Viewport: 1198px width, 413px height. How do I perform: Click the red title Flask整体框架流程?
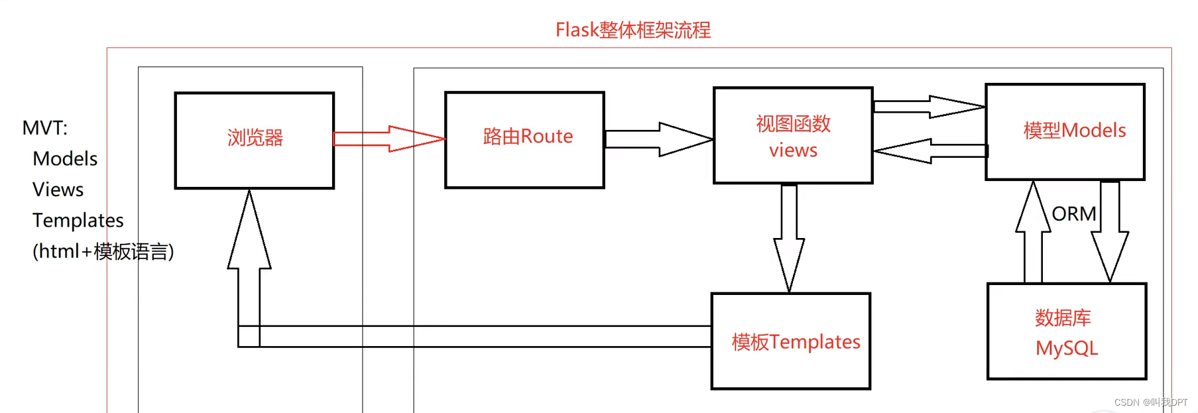pyautogui.click(x=632, y=30)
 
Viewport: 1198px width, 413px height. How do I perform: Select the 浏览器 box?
pyautogui.click(x=255, y=140)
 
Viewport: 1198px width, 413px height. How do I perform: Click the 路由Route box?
pyautogui.click(x=524, y=140)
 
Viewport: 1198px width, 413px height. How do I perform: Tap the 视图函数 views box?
pyautogui.click(x=793, y=136)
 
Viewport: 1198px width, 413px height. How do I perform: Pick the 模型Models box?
pyautogui.click(x=1065, y=132)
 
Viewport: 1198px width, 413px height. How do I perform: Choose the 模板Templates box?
pyautogui.click(x=791, y=341)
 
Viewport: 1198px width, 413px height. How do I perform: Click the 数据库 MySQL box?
pyautogui.click(x=1066, y=331)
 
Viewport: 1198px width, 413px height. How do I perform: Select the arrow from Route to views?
pyautogui.click(x=660, y=139)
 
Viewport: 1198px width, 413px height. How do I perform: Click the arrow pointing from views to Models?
pyautogui.click(x=929, y=107)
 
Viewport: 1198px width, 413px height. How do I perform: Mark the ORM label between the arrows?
pyautogui.click(x=1074, y=213)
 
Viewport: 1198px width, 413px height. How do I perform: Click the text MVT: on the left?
pyautogui.click(x=45, y=127)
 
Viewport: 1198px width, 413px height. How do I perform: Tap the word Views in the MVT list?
pyautogui.click(x=58, y=190)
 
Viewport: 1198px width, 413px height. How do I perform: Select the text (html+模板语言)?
pyautogui.click(x=103, y=251)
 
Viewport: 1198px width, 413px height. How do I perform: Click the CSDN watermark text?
pyautogui.click(x=1150, y=402)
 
